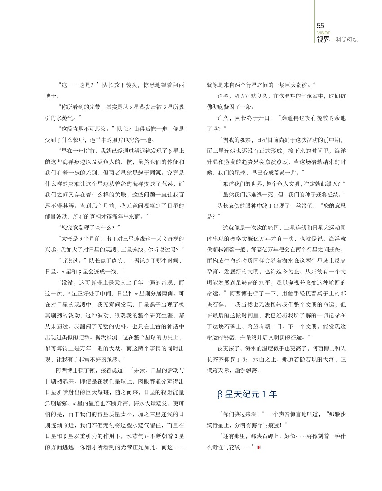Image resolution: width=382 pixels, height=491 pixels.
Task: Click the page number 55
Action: click(320, 26)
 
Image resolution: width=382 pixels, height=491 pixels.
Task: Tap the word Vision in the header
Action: click(323, 32)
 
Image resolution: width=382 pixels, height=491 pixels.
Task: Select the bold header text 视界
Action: click(323, 39)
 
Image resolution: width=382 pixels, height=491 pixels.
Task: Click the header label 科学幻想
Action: click(348, 40)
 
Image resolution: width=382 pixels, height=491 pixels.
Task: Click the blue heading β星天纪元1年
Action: click(247, 394)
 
